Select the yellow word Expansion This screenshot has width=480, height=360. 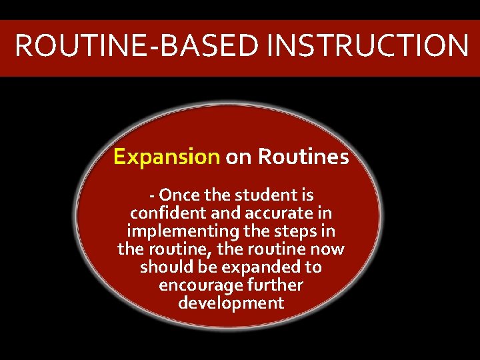coord(167,157)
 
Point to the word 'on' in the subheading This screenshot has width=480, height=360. coord(239,158)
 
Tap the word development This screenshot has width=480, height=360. coord(231,304)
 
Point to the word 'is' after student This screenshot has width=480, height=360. coord(307,196)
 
